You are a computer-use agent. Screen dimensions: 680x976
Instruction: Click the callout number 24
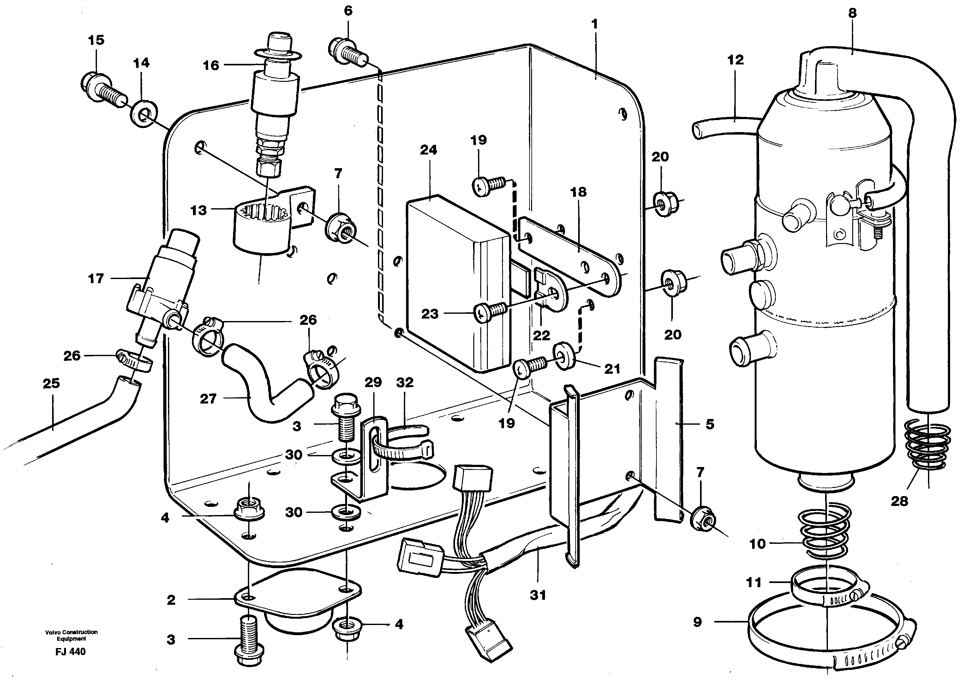pos(428,150)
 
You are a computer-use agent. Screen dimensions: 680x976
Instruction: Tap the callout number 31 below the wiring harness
pos(538,595)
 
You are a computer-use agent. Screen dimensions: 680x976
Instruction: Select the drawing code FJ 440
pos(70,652)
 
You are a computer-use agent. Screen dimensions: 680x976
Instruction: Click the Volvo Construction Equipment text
pos(71,635)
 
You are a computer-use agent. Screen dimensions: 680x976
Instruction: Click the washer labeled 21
pos(565,358)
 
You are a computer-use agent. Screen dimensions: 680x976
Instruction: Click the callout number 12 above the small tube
pos(735,60)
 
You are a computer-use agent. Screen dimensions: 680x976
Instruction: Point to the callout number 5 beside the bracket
pos(710,424)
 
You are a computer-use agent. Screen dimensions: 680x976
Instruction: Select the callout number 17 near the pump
pos(96,279)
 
